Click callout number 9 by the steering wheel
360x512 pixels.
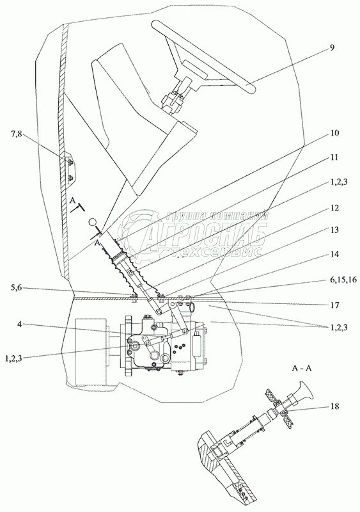pyautogui.click(x=332, y=47)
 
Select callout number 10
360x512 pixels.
pyautogui.click(x=334, y=133)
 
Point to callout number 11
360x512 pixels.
pyautogui.click(x=334, y=157)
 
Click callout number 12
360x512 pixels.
pyautogui.click(x=334, y=207)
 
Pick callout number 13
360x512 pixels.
pyautogui.click(x=334, y=230)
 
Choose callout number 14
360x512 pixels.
pyautogui.click(x=334, y=253)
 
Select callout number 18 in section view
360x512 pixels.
pyautogui.click(x=334, y=406)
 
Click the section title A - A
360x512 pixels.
pyautogui.click(x=301, y=369)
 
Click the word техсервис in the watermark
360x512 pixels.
pyautogui.click(x=216, y=251)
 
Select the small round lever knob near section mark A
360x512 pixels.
pyautogui.click(x=93, y=222)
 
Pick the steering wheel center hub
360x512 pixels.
pyautogui.click(x=194, y=69)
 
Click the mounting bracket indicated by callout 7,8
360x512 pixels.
pyautogui.click(x=71, y=170)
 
